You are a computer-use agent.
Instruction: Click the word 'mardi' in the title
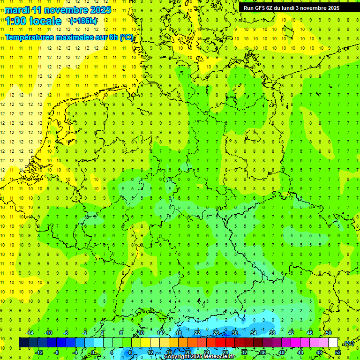click(17, 10)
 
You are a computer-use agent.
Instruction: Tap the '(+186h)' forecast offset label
click(83, 21)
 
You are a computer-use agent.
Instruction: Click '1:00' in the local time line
click(15, 21)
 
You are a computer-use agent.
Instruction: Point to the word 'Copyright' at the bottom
click(176, 357)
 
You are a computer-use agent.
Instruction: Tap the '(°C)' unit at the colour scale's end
click(348, 343)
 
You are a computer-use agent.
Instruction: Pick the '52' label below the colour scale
click(338, 352)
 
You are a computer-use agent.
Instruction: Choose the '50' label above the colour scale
click(329, 333)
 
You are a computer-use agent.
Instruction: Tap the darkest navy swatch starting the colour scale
click(23, 343)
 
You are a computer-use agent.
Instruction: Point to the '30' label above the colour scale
click(235, 333)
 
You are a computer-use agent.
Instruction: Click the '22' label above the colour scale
click(197, 333)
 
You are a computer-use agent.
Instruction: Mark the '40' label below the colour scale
click(282, 352)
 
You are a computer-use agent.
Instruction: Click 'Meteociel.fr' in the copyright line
click(220, 357)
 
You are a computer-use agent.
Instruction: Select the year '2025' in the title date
click(100, 10)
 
